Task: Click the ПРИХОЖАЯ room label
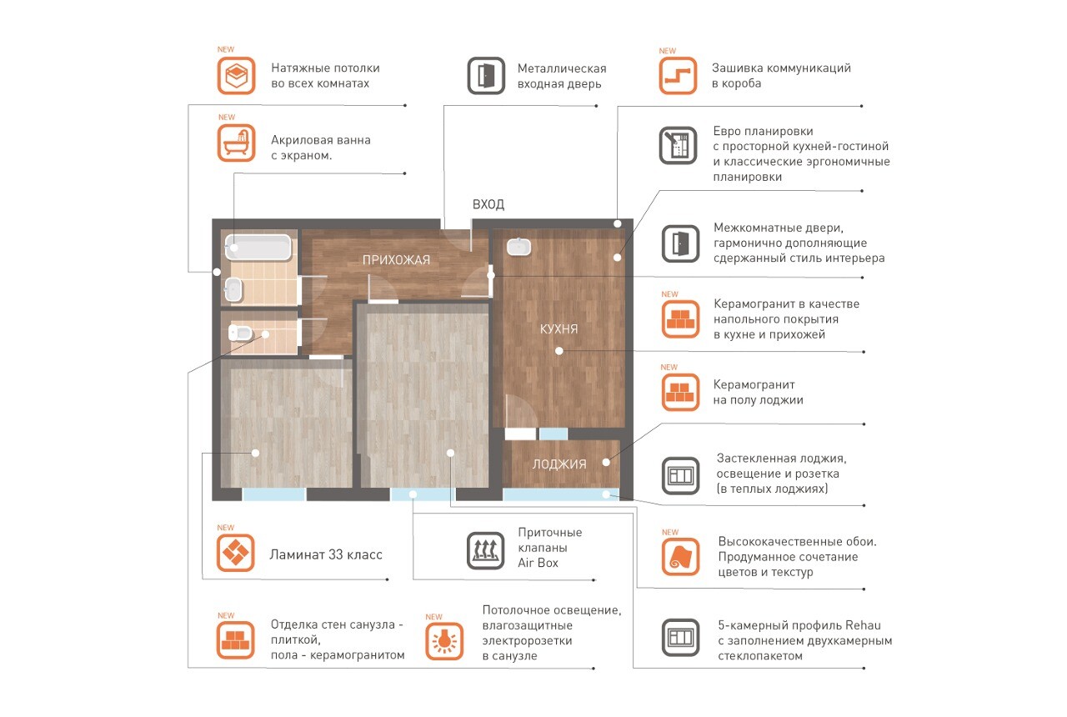(396, 260)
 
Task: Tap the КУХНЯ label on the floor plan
(559, 328)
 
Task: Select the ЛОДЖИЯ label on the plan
(559, 464)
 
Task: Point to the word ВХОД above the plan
(488, 204)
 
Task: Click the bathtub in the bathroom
(258, 248)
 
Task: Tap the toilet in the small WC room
(239, 333)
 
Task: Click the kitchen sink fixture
(518, 247)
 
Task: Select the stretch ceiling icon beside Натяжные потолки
(236, 76)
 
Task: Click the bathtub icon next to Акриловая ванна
(236, 143)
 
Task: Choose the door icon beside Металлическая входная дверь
(486, 76)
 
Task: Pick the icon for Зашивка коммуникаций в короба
(678, 76)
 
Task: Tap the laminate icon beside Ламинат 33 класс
(235, 553)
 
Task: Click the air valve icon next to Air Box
(485, 551)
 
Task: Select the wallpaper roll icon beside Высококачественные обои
(680, 557)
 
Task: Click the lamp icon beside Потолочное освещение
(444, 641)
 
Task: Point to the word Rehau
(863, 625)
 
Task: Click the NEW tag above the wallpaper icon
(669, 532)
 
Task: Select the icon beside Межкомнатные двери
(680, 244)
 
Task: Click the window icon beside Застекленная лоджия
(680, 476)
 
